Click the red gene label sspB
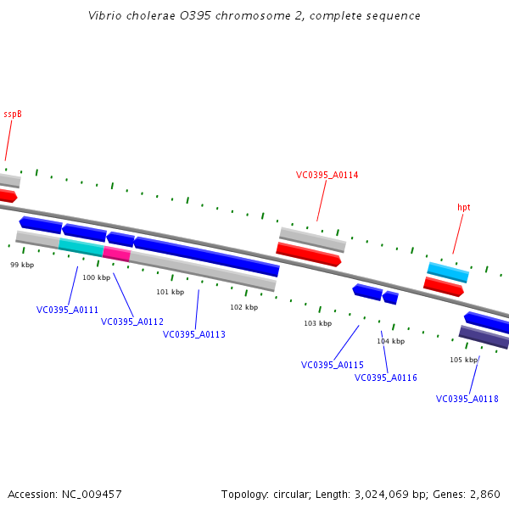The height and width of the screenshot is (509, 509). [x=13, y=114]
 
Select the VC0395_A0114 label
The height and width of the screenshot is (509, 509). [x=327, y=176]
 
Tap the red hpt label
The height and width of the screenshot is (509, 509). [x=464, y=207]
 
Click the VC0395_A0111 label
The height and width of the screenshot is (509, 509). [x=67, y=310]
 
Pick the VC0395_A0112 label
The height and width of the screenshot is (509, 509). [x=132, y=322]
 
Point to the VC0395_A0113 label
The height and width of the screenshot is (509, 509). [x=194, y=334]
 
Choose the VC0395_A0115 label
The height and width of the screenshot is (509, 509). [x=333, y=365]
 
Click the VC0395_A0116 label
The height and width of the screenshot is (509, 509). [x=386, y=378]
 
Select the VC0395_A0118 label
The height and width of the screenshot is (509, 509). [x=467, y=399]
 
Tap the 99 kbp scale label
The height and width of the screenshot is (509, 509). [x=22, y=265]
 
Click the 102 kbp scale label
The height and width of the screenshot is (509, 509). [x=243, y=307]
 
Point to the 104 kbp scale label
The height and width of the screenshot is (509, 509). [x=390, y=341]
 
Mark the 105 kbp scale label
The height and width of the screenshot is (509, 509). [x=463, y=360]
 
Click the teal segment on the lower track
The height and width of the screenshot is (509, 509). [x=81, y=247]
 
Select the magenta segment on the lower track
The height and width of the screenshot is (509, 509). [x=116, y=254]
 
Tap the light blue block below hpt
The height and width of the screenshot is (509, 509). [x=447, y=272]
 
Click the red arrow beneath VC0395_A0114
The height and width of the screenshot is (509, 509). [x=308, y=255]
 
